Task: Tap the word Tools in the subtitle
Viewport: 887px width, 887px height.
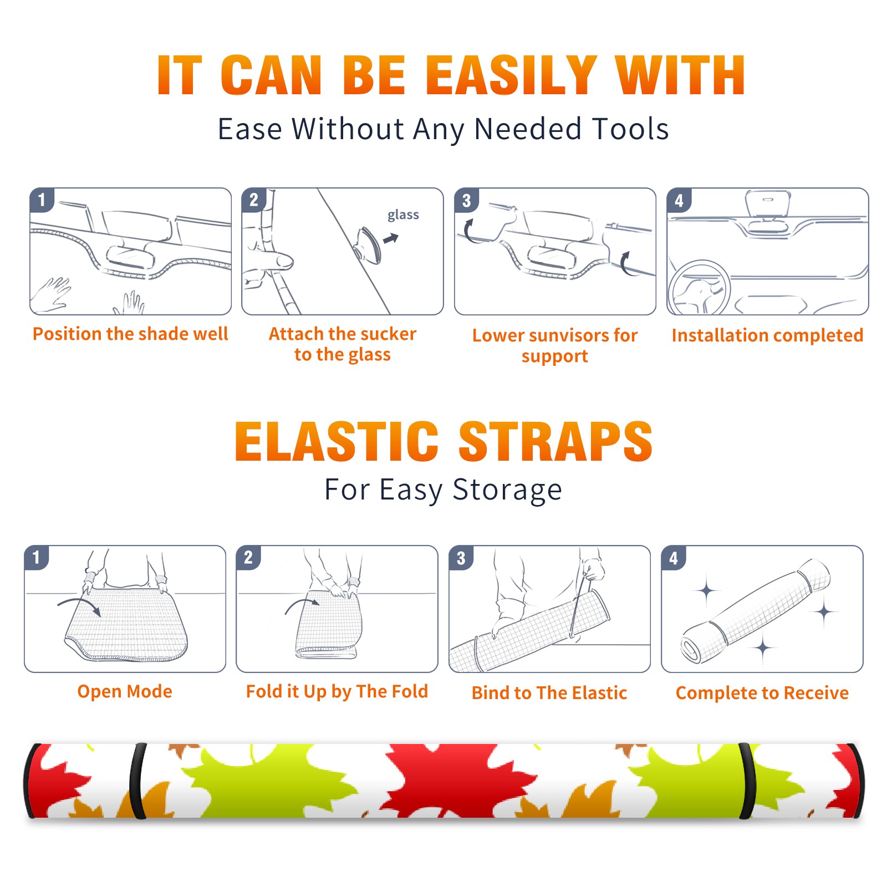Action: (x=630, y=129)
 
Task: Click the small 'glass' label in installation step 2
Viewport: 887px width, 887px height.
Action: (x=403, y=215)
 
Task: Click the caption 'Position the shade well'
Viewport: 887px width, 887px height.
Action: (x=130, y=334)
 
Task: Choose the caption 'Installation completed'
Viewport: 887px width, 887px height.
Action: (x=767, y=335)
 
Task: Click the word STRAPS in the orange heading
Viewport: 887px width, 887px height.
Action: (x=555, y=441)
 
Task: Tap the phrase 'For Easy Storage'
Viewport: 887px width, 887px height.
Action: (x=443, y=490)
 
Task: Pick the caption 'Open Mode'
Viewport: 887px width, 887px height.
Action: (x=125, y=691)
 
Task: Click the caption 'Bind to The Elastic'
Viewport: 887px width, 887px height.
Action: (x=549, y=692)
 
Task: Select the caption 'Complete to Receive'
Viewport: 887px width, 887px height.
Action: (x=762, y=692)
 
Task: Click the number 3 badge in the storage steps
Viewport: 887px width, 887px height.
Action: (x=461, y=558)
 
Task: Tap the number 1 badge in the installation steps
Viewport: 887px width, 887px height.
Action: (x=42, y=200)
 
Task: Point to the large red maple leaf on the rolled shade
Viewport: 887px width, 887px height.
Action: (x=455, y=779)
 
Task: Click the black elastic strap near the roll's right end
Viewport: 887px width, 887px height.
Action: (x=746, y=781)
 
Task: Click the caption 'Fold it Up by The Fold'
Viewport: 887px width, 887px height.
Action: (x=337, y=691)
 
